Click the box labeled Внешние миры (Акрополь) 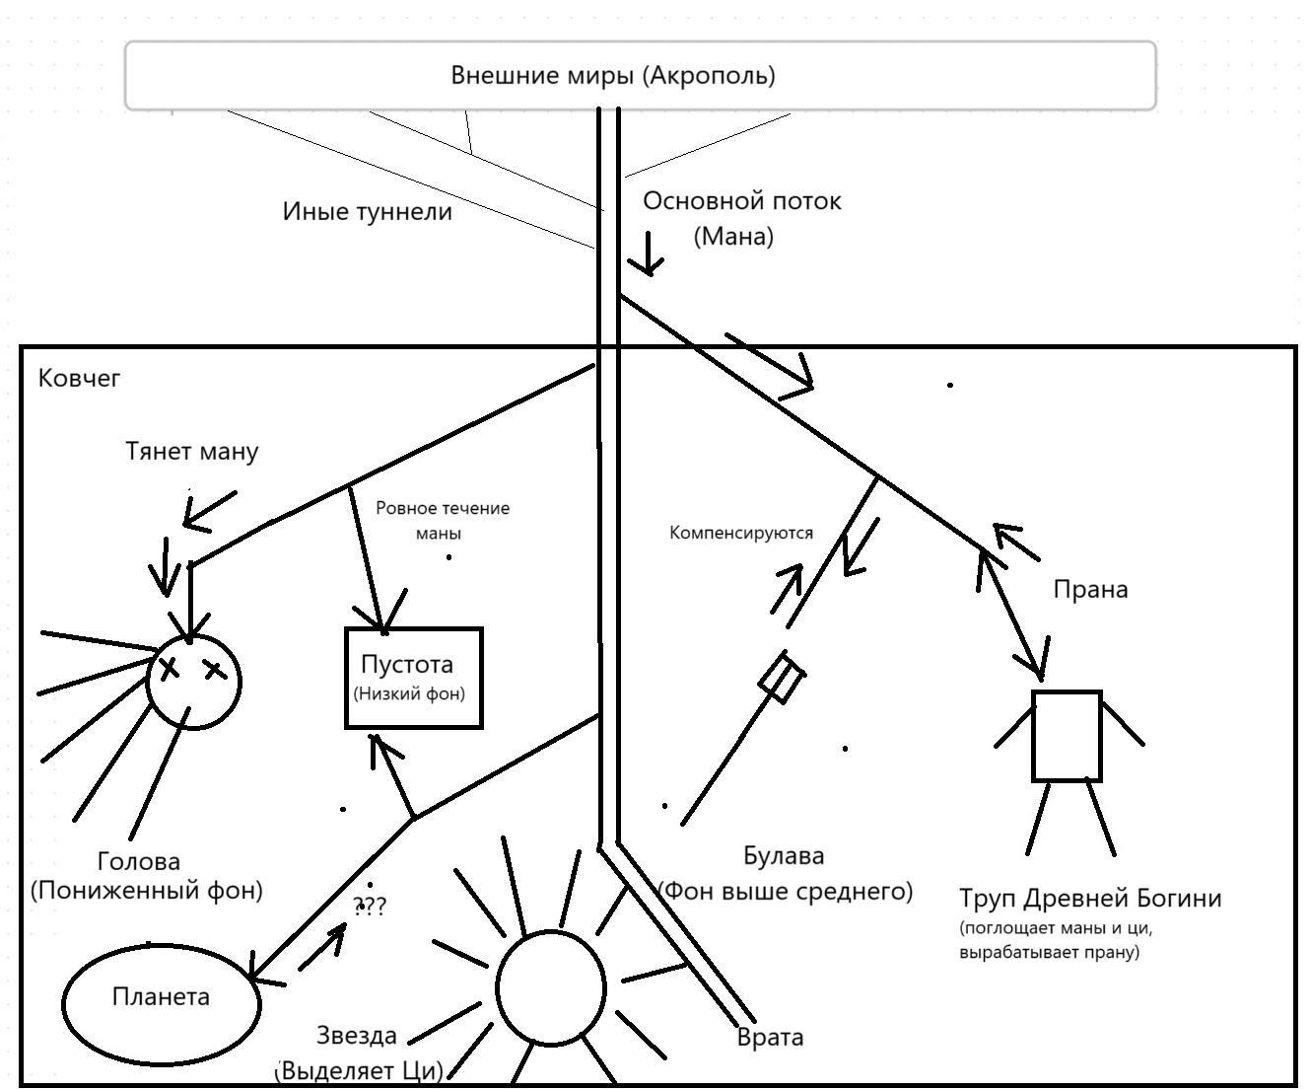tap(640, 75)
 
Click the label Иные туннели tap(367, 212)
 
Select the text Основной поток tap(741, 201)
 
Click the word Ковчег tap(79, 378)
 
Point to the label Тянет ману tap(192, 452)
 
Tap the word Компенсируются tap(741, 533)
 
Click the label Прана tap(1090, 590)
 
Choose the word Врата tap(770, 1038)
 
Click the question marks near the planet tap(371, 906)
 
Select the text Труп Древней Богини tap(1090, 899)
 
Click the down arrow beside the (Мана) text tap(648, 254)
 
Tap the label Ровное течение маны tap(443, 521)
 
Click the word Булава tap(784, 856)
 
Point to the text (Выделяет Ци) tap(360, 1070)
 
